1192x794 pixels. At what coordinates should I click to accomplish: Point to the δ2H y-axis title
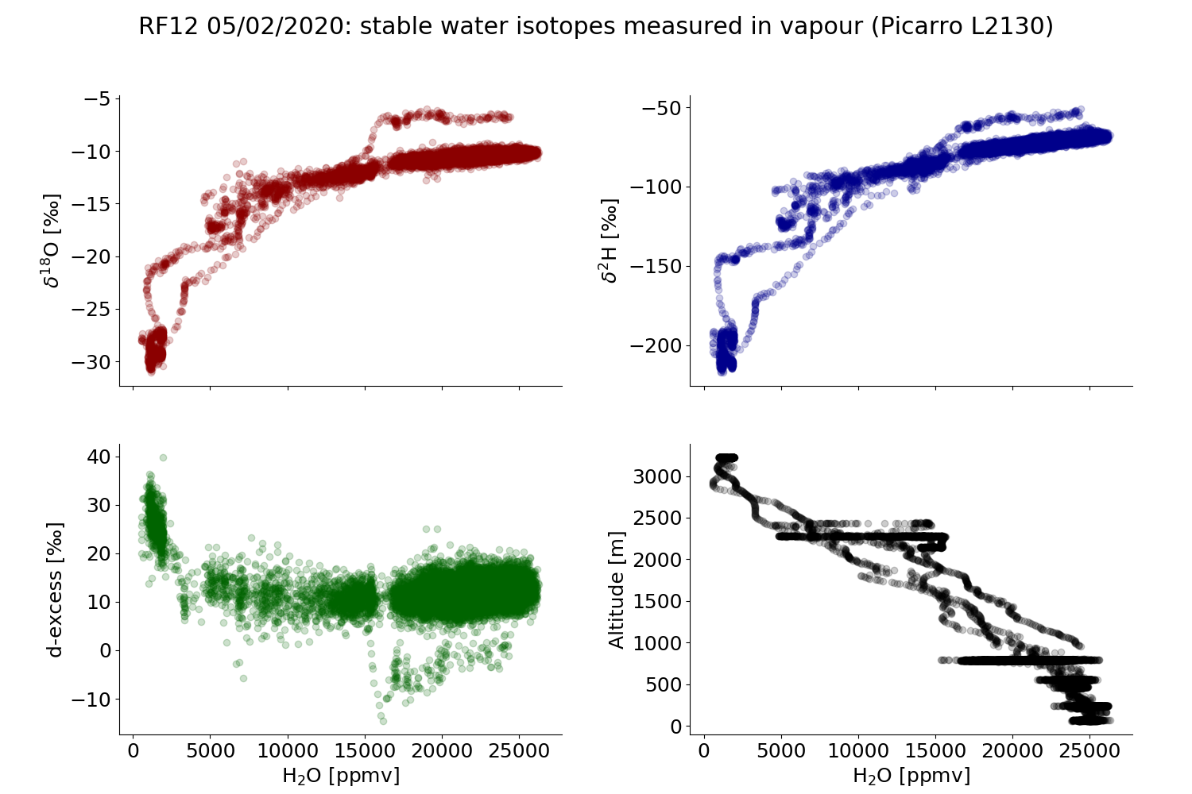pyautogui.click(x=610, y=240)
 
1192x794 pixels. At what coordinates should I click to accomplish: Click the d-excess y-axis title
pyautogui.click(x=54, y=589)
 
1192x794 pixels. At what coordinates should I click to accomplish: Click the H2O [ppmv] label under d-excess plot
pyautogui.click(x=340, y=775)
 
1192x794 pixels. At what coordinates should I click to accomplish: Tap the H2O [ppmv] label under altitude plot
pyautogui.click(x=911, y=775)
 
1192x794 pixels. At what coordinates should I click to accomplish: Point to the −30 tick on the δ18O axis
pyautogui.click(x=94, y=361)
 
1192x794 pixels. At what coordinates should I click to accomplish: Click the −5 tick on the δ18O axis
pyautogui.click(x=100, y=99)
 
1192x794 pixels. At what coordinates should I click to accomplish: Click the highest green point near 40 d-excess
pyautogui.click(x=163, y=457)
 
